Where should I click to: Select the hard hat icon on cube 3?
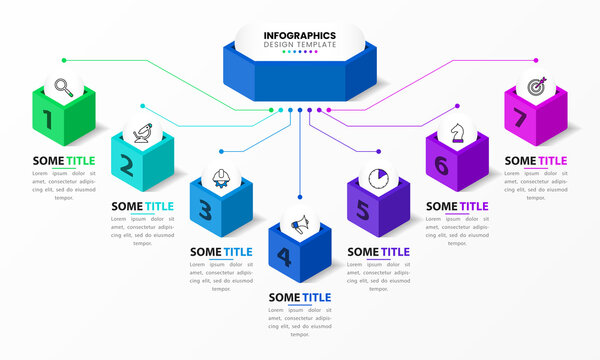tap(220, 178)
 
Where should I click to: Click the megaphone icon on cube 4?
tap(299, 222)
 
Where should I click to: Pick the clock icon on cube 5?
tap(378, 178)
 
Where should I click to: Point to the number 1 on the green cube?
tap(47, 121)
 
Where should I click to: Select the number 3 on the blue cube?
tap(205, 210)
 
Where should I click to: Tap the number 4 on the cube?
tap(284, 257)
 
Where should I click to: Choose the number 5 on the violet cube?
tap(363, 211)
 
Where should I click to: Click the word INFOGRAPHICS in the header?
tap(299, 34)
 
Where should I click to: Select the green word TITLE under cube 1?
tap(80, 160)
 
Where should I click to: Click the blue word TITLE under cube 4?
tap(317, 297)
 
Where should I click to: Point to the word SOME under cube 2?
tap(127, 207)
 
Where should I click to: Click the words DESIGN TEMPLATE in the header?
tap(299, 45)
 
